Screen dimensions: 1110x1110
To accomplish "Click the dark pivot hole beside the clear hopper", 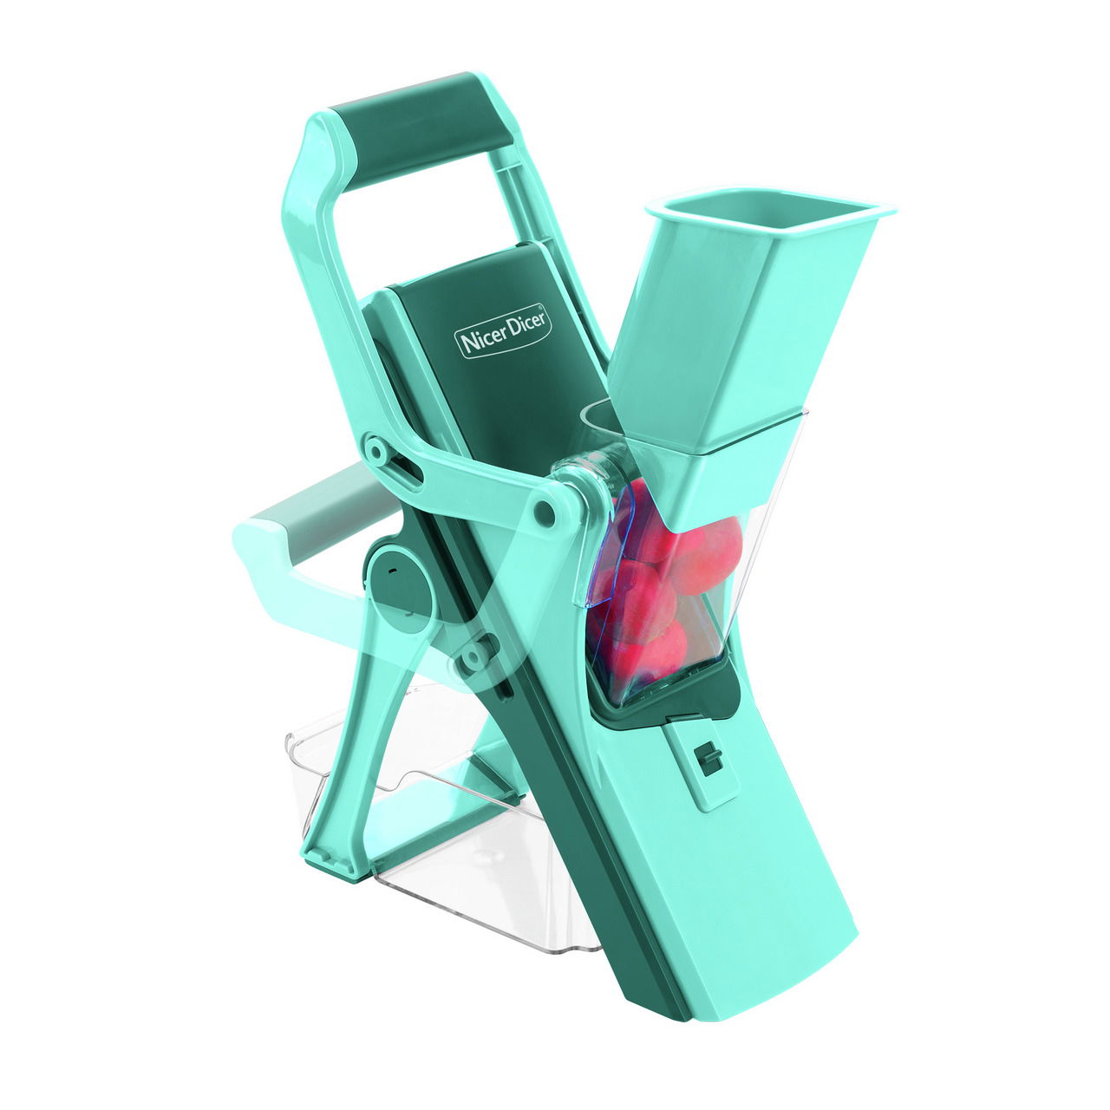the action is click(x=543, y=507).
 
